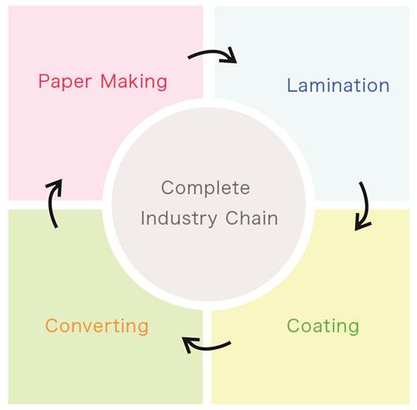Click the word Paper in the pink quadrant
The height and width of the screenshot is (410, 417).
click(x=65, y=81)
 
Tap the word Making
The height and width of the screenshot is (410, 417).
click(x=134, y=82)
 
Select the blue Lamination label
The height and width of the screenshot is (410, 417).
click(x=338, y=85)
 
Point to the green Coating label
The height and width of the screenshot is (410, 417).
click(x=323, y=326)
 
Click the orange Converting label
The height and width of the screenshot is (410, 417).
click(x=97, y=326)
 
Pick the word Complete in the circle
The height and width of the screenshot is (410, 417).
click(x=205, y=188)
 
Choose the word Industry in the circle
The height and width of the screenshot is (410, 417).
click(x=178, y=218)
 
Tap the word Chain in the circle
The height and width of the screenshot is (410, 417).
click(x=252, y=218)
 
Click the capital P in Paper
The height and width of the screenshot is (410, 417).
click(x=44, y=81)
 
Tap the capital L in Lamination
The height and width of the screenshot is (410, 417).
click(x=292, y=85)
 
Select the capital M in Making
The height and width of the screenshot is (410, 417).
click(x=108, y=81)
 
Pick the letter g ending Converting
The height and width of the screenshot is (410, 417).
click(x=143, y=328)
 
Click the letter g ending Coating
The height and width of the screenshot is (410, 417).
click(x=353, y=328)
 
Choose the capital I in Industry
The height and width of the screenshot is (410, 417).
click(x=143, y=218)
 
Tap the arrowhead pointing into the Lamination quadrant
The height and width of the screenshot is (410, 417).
click(x=230, y=56)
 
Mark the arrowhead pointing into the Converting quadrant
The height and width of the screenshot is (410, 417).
click(x=189, y=345)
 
